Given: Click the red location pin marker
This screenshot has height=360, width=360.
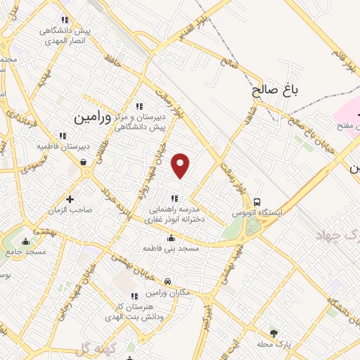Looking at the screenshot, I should point(181,165).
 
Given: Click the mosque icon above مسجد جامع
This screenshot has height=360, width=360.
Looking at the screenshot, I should point(26,242).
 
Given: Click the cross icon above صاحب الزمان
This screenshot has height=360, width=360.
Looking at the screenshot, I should point(69,199).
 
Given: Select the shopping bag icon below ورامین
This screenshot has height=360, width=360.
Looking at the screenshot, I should point(84,162).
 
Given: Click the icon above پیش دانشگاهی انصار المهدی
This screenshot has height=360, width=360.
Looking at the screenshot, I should point(65,20).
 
